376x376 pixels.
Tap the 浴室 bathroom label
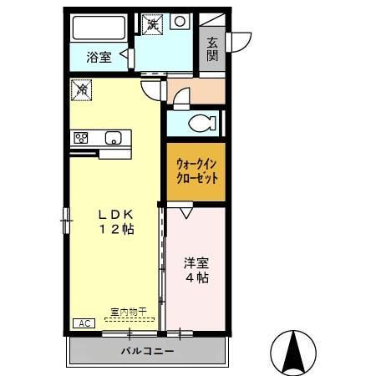pyautogui.click(x=99, y=57)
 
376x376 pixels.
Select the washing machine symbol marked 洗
pyautogui.click(x=153, y=23)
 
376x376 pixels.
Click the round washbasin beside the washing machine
pyautogui.click(x=180, y=23)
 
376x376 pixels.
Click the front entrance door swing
pyautogui.click(x=240, y=39)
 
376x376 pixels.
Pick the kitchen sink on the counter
pyautogui.click(x=112, y=138)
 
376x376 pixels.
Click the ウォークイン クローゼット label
pyautogui.click(x=196, y=171)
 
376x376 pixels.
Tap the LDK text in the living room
pyautogui.click(x=115, y=214)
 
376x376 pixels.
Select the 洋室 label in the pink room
pyautogui.click(x=197, y=262)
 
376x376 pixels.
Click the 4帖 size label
pyautogui.click(x=197, y=277)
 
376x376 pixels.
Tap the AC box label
pyautogui.click(x=84, y=323)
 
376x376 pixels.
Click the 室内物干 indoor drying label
pyautogui.click(x=127, y=312)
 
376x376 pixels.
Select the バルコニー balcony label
pyautogui.click(x=147, y=352)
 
